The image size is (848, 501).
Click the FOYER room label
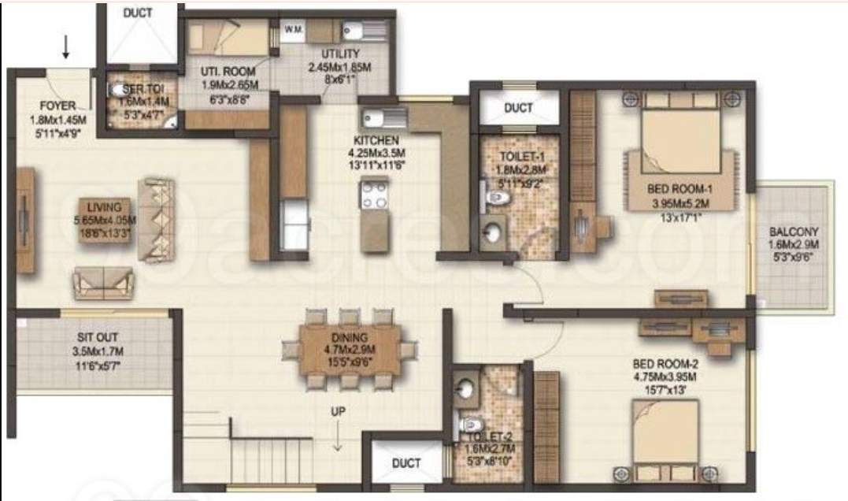(57, 106)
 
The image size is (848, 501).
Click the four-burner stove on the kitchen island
(374, 195)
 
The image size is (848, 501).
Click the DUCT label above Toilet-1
(518, 108)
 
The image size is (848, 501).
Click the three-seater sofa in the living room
(157, 220)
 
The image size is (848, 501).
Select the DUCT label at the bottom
(406, 463)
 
